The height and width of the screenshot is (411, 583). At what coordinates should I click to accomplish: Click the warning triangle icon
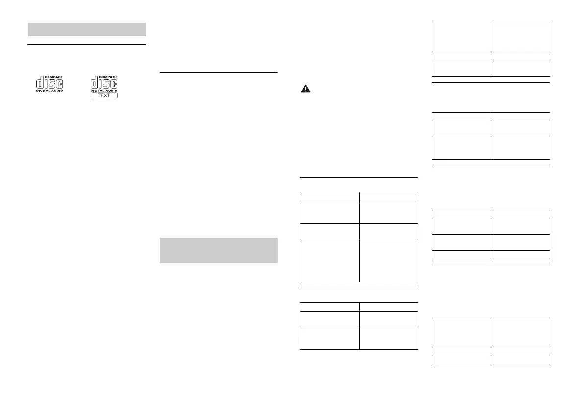pyautogui.click(x=305, y=89)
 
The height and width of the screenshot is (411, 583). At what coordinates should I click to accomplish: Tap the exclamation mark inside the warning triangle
pyautogui.click(x=305, y=89)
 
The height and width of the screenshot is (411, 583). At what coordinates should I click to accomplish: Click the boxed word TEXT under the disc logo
pyautogui.click(x=104, y=95)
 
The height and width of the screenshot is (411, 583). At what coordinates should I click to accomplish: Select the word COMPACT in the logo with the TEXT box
pyautogui.click(x=108, y=77)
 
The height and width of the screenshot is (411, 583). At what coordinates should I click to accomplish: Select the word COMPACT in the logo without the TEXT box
pyautogui.click(x=54, y=77)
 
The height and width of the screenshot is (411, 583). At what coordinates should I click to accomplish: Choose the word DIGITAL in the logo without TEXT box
pyautogui.click(x=43, y=91)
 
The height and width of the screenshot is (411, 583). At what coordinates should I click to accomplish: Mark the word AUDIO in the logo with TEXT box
pyautogui.click(x=111, y=91)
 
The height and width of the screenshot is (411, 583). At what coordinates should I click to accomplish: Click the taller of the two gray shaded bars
pyautogui.click(x=219, y=250)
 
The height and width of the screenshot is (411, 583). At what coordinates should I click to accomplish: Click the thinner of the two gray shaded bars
pyautogui.click(x=87, y=29)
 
